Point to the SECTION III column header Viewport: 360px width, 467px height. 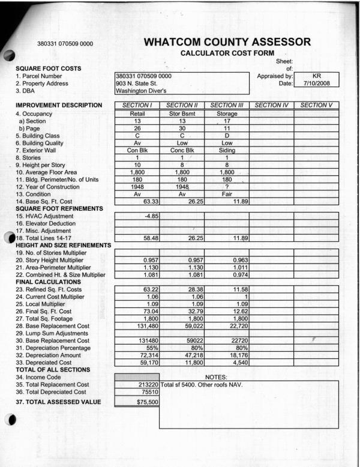tap(226, 106)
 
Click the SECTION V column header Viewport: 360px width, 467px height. tap(317, 106)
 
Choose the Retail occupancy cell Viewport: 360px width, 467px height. tap(137, 113)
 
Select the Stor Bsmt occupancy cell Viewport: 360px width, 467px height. tap(182, 113)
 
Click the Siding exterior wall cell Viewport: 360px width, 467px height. tap(226, 152)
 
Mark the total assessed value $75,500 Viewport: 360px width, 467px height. tap(137, 402)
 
